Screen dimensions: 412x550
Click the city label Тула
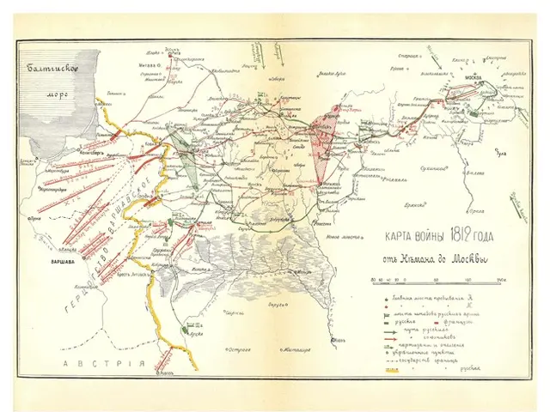(503, 154)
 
